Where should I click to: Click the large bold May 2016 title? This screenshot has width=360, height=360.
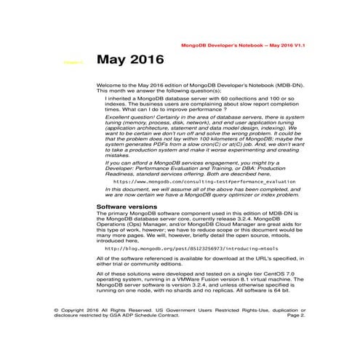pos(131,60)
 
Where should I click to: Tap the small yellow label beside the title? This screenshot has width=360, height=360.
pos(73,63)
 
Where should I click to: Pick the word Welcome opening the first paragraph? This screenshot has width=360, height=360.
pos(108,85)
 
